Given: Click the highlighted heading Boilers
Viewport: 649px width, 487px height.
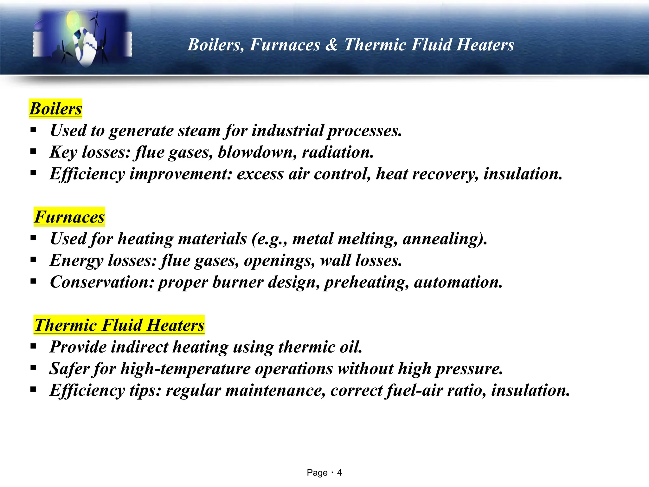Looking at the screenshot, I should [56, 109].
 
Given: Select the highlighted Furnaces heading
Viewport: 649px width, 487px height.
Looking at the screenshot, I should [69, 217].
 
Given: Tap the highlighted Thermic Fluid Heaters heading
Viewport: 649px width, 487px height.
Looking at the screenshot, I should [119, 325].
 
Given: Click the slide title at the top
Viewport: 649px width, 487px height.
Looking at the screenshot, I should [350, 45].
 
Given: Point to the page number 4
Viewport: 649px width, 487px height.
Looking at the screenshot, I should [339, 473].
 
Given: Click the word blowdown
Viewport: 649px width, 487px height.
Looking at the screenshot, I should [257, 152].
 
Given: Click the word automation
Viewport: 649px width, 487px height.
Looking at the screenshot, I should [458, 282].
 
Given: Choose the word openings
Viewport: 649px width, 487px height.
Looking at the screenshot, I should [279, 261].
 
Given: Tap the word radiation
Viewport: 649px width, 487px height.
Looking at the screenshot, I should [338, 152].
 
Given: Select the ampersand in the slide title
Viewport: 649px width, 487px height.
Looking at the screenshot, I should [331, 45].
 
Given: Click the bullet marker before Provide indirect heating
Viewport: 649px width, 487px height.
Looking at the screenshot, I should [33, 346].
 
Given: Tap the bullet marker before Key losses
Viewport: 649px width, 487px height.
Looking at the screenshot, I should [33, 152].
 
